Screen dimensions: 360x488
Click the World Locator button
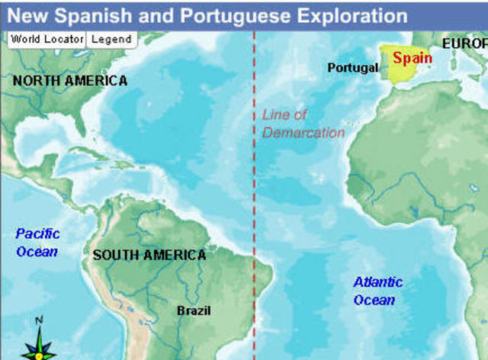coord(47,39)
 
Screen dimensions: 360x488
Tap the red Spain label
coord(412,58)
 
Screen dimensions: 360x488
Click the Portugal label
coord(352,68)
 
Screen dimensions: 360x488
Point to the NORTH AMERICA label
coord(70,80)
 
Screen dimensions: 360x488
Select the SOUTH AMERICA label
coord(149,256)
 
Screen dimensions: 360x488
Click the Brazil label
coord(194,310)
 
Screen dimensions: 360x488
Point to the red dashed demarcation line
coord(253,214)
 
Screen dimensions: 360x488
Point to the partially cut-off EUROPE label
coord(464,44)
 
